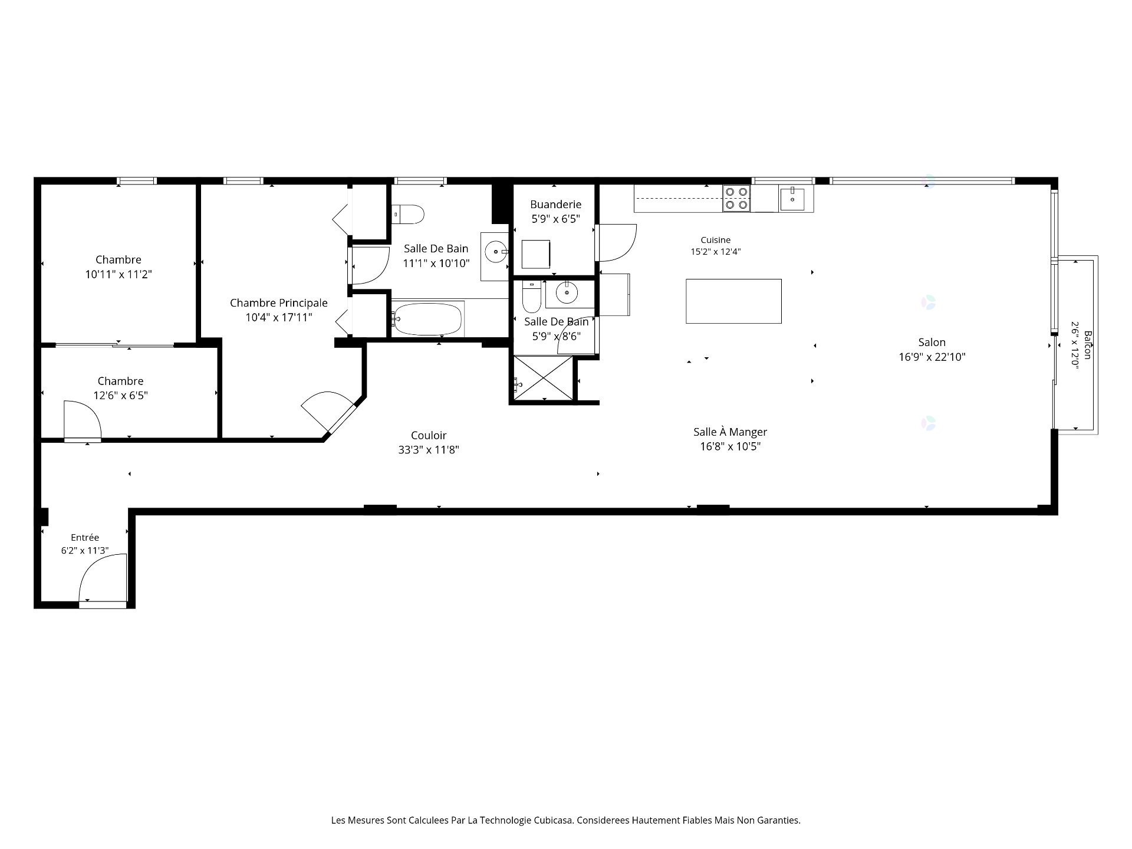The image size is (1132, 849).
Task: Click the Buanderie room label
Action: tap(555, 205)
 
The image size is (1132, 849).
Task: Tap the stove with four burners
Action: tap(736, 198)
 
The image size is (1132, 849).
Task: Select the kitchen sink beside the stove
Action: tap(792, 199)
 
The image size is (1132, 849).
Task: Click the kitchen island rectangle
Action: tap(733, 301)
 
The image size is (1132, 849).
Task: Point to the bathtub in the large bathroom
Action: tap(427, 318)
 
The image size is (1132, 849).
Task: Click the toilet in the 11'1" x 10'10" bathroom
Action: tap(408, 214)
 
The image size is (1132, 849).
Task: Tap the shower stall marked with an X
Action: tap(543, 377)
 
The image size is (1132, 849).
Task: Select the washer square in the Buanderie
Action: tap(536, 254)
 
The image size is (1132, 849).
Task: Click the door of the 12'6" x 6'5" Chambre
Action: tap(83, 420)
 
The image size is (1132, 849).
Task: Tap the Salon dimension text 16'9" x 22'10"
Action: tap(932, 357)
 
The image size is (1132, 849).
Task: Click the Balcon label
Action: tap(1088, 345)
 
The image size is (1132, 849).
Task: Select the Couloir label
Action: tap(429, 435)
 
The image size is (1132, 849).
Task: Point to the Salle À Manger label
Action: tap(730, 432)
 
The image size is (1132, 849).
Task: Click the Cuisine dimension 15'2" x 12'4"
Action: tap(715, 252)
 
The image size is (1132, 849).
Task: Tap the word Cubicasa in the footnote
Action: tap(554, 820)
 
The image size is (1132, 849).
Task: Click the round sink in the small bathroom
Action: tap(567, 292)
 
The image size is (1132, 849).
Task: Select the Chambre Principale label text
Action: tap(278, 303)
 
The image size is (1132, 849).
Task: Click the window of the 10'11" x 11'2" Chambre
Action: tap(136, 181)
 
